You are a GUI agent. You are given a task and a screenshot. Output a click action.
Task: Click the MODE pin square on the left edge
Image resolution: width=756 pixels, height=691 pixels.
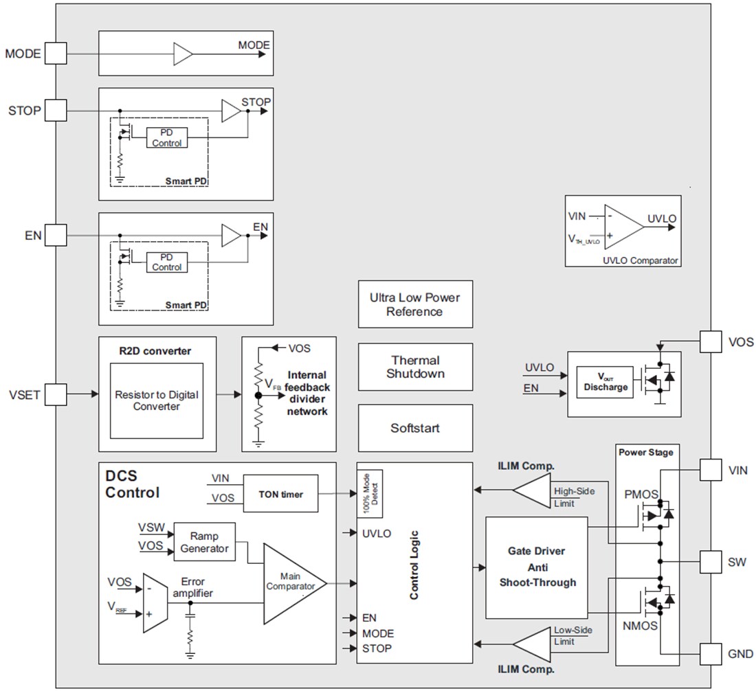pyautogui.click(x=55, y=54)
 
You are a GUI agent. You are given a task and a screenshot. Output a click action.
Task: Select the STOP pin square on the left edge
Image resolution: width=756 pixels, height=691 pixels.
pyautogui.click(x=55, y=110)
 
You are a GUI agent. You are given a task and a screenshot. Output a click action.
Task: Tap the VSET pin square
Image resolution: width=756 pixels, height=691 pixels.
pyautogui.click(x=55, y=394)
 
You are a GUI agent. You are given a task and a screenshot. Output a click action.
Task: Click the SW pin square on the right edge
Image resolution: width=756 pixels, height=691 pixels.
pyautogui.click(x=711, y=560)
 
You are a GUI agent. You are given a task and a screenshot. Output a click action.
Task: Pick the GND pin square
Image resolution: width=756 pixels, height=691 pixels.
pyautogui.click(x=711, y=653)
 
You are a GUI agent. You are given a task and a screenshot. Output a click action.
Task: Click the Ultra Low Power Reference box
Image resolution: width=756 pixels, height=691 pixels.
pyautogui.click(x=415, y=304)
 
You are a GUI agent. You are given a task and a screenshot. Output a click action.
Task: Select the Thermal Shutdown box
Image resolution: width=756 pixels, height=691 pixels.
pyautogui.click(x=415, y=367)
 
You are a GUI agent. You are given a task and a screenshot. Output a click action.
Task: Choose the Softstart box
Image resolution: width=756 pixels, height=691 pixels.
pyautogui.click(x=415, y=428)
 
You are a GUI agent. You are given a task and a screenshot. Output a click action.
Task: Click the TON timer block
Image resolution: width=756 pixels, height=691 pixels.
pyautogui.click(x=281, y=494)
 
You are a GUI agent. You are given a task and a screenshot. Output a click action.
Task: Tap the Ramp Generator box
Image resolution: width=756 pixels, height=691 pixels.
pyautogui.click(x=203, y=542)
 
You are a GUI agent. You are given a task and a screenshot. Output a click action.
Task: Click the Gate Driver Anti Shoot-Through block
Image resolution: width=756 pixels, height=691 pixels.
pyautogui.click(x=537, y=567)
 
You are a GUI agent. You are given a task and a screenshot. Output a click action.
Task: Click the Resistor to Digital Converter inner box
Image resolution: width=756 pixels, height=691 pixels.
pyautogui.click(x=157, y=401)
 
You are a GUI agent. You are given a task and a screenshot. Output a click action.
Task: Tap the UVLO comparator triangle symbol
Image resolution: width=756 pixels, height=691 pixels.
pyautogui.click(x=623, y=227)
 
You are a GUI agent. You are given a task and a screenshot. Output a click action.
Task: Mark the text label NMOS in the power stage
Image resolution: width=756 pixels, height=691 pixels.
pyautogui.click(x=640, y=626)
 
